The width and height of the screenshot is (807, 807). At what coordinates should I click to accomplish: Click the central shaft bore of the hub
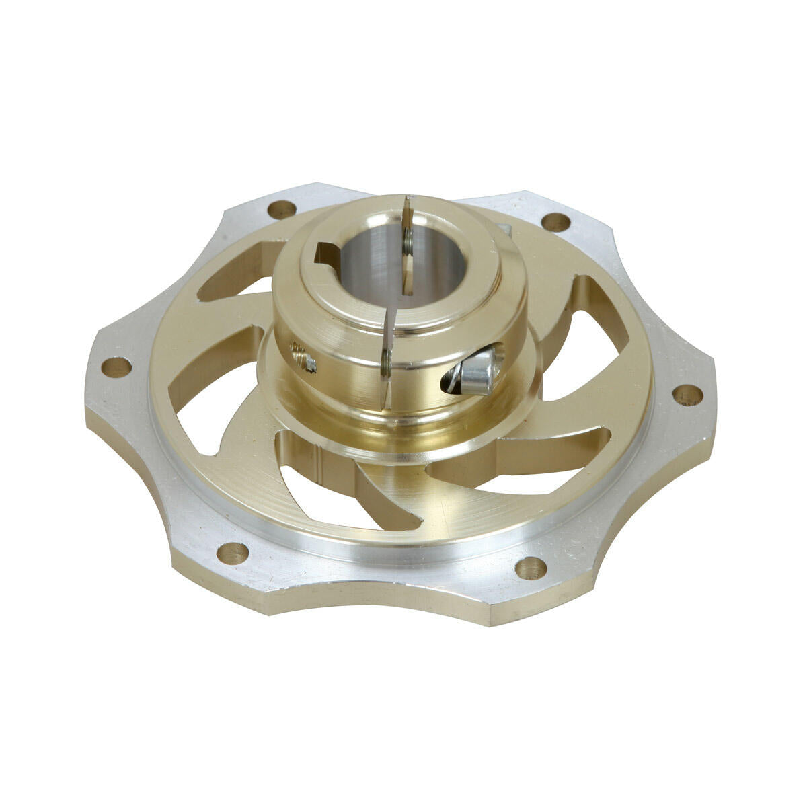coord(377,266)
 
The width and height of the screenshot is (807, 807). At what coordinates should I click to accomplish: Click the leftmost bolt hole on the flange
coord(118,367)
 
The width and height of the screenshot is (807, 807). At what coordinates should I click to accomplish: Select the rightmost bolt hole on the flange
coord(687,395)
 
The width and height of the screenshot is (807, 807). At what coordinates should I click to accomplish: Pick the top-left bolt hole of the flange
coord(281,209)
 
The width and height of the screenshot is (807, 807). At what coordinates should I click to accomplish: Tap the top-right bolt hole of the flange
coord(555,221)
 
